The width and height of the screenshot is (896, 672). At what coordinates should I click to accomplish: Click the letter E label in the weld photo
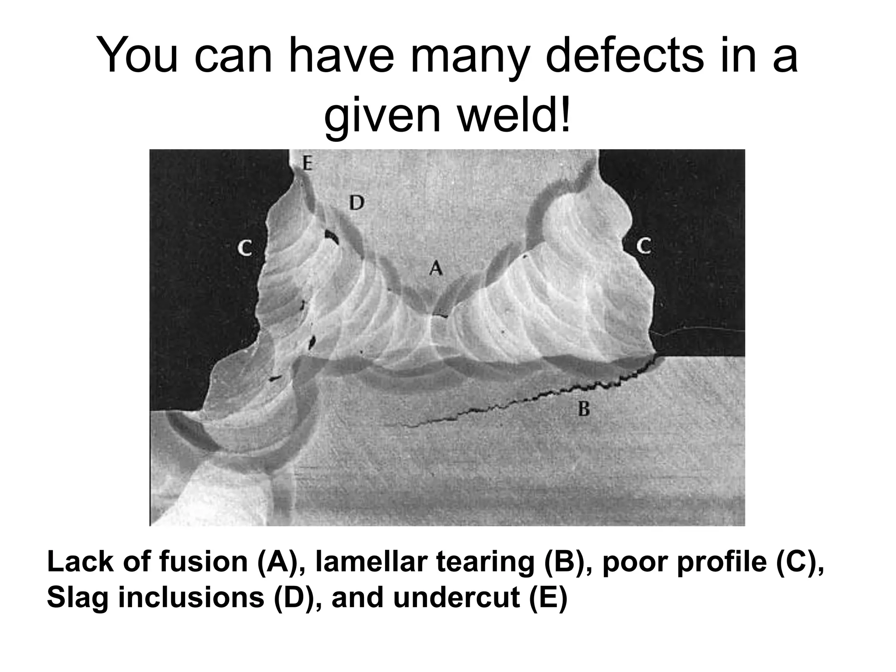[307, 164]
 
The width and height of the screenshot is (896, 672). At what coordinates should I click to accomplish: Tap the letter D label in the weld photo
[356, 203]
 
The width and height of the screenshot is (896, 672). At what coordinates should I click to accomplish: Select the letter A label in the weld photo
[435, 267]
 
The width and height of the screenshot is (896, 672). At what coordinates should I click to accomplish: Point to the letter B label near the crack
[584, 409]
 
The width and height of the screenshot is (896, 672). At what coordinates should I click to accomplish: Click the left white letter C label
[245, 249]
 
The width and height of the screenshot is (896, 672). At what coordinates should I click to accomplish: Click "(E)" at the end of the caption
[548, 598]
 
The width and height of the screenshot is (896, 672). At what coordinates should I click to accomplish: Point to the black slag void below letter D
[331, 237]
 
